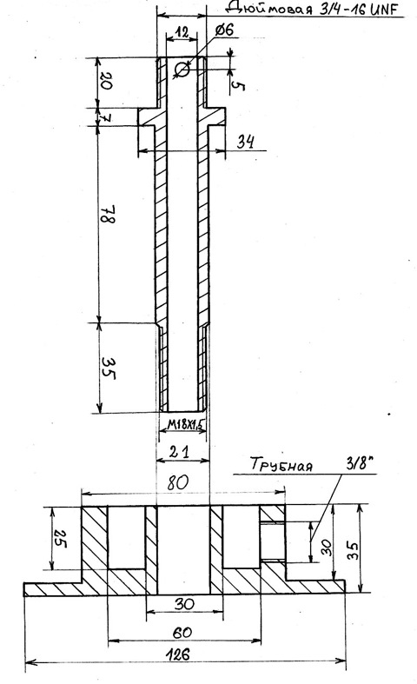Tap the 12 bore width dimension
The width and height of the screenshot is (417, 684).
pyautogui.click(x=182, y=31)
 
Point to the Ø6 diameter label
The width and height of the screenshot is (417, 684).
pyautogui.click(x=225, y=30)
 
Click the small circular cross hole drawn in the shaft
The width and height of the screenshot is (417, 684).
pyautogui.click(x=182, y=69)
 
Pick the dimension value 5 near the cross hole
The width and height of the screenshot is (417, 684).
pyautogui.click(x=238, y=86)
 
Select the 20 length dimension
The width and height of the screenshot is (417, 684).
pyautogui.click(x=106, y=81)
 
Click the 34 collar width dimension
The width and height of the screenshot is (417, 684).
pyautogui.click(x=246, y=142)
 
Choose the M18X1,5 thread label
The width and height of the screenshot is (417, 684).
pyautogui.click(x=187, y=424)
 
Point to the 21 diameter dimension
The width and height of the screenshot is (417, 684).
pyautogui.click(x=180, y=452)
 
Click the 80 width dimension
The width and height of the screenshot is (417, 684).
pyautogui.click(x=178, y=483)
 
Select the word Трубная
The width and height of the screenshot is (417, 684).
pyautogui.click(x=281, y=465)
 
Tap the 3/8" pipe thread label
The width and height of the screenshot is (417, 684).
pyautogui.click(x=361, y=463)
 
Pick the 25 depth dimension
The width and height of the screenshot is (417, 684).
pyautogui.click(x=59, y=539)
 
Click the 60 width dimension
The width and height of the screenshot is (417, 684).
pyautogui.click(x=182, y=633)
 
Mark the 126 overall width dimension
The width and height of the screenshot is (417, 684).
pyautogui.click(x=178, y=654)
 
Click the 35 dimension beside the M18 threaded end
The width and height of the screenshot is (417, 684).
pyautogui.click(x=108, y=369)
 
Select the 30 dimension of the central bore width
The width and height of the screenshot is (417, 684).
pyautogui.click(x=184, y=604)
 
